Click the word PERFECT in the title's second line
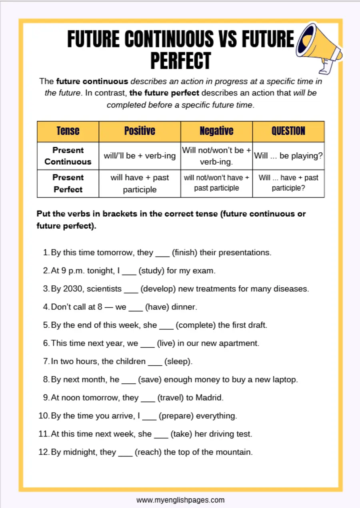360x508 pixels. pos(180,61)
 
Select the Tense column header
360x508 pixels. pos(68,131)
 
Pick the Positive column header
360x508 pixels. pos(140,131)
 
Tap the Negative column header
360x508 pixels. pos(216,131)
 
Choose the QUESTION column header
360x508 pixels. pos(288,131)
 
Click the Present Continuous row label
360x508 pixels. pos(68,156)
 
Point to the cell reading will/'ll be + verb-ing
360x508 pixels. pos(140,156)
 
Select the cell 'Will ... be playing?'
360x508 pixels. pos(288,156)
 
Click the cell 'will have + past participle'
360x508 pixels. pos(140,183)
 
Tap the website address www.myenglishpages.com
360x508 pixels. pos(180,500)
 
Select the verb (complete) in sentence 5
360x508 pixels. pos(196,325)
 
